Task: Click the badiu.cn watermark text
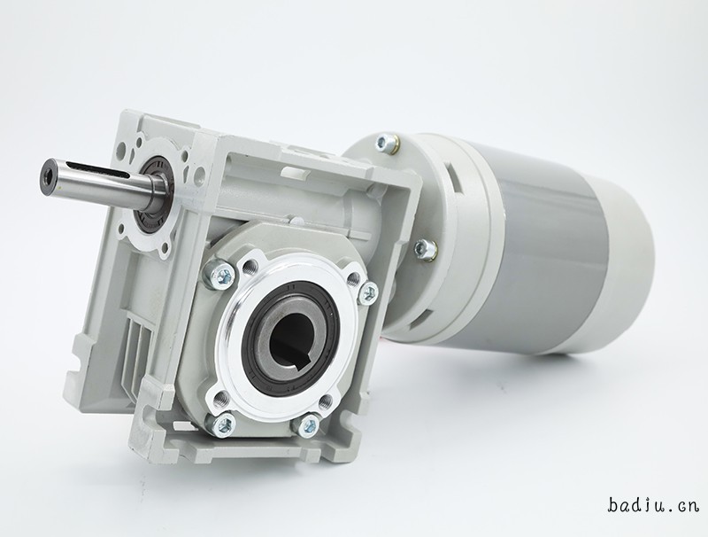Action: tap(653, 505)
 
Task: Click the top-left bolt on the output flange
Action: tap(219, 274)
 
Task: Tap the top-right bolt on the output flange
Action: tap(368, 292)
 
